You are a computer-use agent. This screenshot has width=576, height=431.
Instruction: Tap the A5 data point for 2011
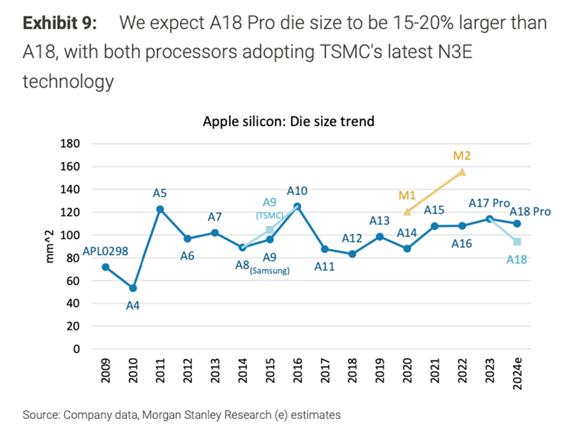(x=160, y=209)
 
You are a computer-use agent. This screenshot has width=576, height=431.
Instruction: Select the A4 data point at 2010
(x=133, y=288)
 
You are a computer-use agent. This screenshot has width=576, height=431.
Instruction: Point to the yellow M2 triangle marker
(x=461, y=172)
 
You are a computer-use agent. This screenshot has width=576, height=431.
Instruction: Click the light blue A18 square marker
(x=517, y=242)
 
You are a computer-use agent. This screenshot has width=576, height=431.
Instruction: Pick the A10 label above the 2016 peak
(x=297, y=191)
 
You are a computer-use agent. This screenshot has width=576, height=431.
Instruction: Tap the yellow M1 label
(x=407, y=195)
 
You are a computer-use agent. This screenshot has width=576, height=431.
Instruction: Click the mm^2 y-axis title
(x=51, y=246)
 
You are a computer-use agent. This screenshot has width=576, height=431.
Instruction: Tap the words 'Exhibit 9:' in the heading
(x=60, y=23)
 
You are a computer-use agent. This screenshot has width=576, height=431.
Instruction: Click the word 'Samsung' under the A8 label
(x=269, y=271)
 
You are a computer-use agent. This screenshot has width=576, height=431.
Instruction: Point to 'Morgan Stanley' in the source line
(x=171, y=415)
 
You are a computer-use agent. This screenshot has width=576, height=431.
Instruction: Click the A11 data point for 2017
(x=325, y=249)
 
